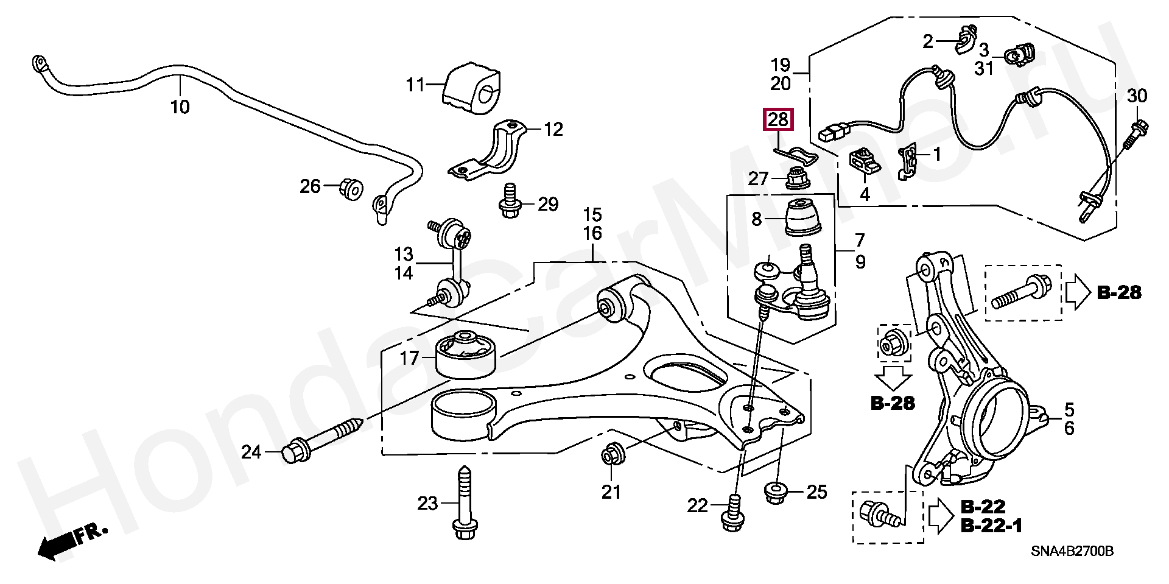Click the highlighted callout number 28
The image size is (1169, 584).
(778, 120)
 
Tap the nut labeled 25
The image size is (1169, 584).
(774, 492)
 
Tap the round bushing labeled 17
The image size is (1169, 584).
(466, 354)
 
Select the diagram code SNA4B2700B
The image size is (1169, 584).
(1072, 551)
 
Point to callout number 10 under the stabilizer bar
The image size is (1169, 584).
(180, 107)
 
